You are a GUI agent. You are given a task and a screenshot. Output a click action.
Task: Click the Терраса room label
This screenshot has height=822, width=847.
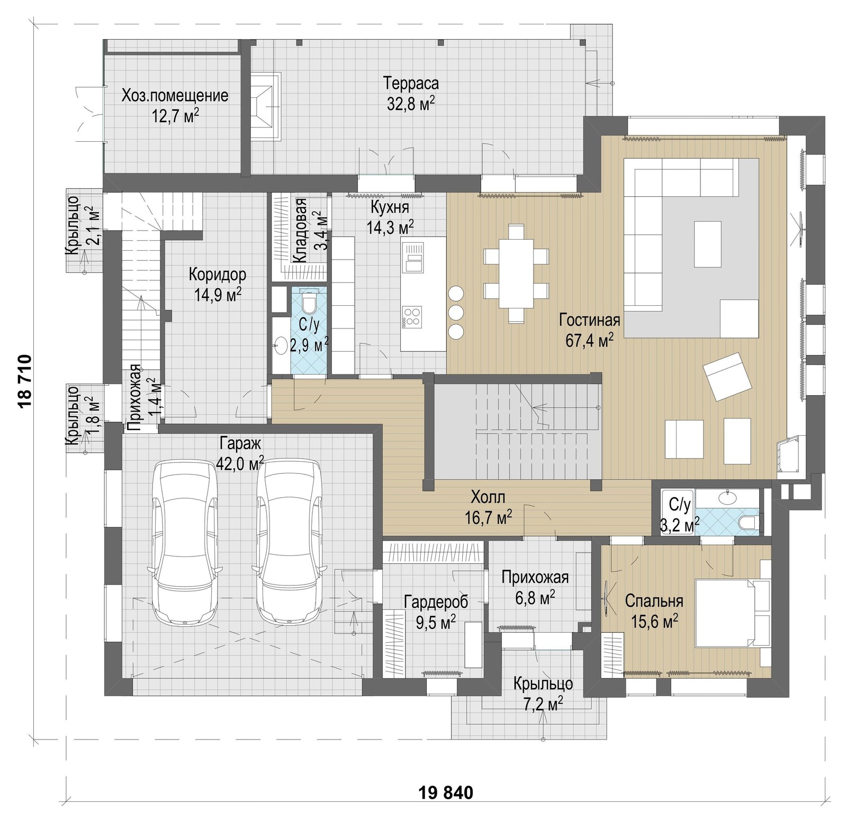(x=411, y=84)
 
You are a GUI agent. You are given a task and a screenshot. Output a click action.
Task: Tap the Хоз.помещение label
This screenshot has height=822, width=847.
(x=175, y=96)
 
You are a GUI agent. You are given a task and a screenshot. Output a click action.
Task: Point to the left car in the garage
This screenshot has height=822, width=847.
(x=185, y=542)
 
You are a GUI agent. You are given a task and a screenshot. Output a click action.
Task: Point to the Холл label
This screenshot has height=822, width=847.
(x=488, y=497)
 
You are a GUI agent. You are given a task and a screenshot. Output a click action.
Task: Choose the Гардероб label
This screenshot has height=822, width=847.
(x=436, y=601)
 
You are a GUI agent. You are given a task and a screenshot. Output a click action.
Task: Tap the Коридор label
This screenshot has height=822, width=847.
(x=217, y=275)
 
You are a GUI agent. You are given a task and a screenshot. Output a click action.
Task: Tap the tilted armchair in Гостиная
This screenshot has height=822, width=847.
(x=727, y=377)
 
